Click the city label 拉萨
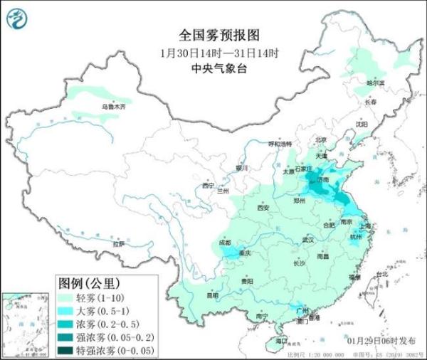(x=117, y=244)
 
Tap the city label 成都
(x=226, y=243)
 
